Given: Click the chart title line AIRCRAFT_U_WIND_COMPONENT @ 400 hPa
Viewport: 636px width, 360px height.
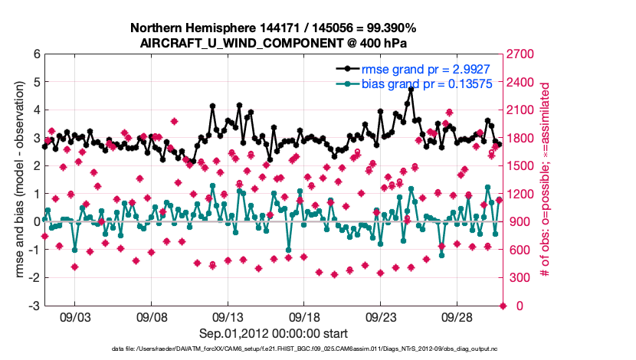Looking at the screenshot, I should click(x=274, y=42).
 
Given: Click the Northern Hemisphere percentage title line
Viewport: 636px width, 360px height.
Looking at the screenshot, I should click(x=274, y=28).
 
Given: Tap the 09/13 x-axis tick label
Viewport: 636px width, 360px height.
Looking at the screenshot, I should click(x=228, y=316).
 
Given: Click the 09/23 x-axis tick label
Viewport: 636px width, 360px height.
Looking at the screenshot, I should click(x=381, y=316).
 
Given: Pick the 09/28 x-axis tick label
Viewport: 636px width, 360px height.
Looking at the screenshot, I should click(x=457, y=316).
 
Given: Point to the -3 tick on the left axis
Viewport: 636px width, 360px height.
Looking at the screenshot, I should click(x=34, y=306).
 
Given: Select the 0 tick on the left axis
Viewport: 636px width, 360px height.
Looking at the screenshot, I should click(x=36, y=221).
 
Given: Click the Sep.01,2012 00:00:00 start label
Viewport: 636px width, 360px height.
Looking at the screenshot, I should click(x=274, y=333).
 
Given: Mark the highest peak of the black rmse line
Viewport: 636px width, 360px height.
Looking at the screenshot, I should click(x=411, y=89).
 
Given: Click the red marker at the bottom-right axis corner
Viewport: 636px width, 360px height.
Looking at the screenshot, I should click(x=503, y=306).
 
